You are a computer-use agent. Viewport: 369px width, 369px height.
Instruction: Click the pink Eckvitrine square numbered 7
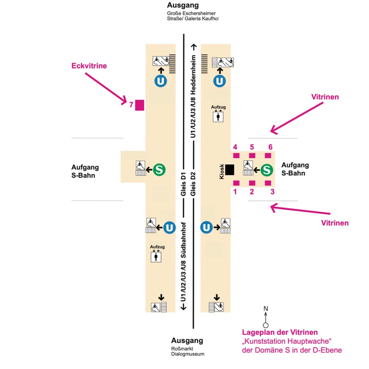[x=139, y=105]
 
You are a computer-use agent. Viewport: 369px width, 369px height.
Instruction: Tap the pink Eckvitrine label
[x=89, y=66]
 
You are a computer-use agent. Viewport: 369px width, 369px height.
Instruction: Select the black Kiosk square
[x=230, y=170]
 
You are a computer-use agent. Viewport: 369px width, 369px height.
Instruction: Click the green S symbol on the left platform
[x=159, y=170]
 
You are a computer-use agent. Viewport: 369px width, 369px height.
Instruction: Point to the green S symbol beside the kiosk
[x=267, y=170]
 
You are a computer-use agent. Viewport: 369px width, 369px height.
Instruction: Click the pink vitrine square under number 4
[x=236, y=156]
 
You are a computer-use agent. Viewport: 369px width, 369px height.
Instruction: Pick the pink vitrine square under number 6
[x=268, y=156]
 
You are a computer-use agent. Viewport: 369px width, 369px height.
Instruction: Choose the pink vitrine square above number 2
[x=252, y=183]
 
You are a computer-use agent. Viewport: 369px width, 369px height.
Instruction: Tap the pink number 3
[x=272, y=192]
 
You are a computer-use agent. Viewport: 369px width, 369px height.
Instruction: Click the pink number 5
[x=252, y=147]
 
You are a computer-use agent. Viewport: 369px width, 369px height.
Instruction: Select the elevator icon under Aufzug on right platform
[x=218, y=117]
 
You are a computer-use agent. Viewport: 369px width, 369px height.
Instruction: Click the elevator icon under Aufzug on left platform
[x=156, y=257]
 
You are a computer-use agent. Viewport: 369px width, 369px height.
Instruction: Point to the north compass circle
[x=266, y=325]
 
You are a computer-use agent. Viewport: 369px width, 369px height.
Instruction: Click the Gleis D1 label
[x=183, y=184]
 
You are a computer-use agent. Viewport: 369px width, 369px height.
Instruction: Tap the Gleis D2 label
[x=193, y=184]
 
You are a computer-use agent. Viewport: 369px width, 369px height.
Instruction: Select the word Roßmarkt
[x=182, y=349]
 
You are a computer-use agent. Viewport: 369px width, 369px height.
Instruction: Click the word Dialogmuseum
[x=188, y=354]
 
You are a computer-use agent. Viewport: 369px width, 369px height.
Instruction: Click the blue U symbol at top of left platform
[x=161, y=81]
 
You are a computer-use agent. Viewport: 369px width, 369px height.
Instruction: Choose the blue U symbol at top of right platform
[x=220, y=81]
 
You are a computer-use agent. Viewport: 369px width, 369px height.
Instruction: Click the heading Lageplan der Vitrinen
[x=280, y=332]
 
